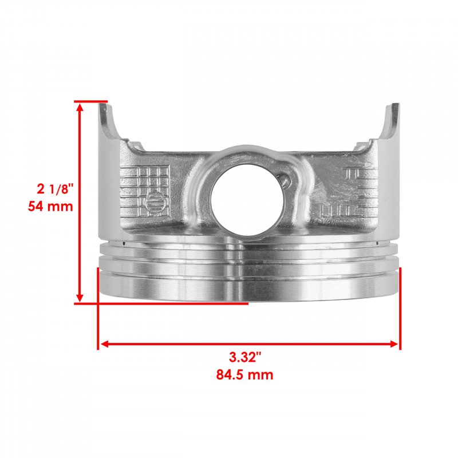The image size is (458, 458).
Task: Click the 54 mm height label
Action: (50, 207)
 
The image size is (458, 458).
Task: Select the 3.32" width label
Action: (245, 357)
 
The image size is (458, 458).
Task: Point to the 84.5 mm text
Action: (245, 374)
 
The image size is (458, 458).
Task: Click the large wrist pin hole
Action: (247, 200)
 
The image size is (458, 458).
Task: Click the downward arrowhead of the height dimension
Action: (80, 298)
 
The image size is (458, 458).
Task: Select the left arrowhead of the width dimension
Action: (105, 344)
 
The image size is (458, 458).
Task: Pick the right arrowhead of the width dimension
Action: (393, 344)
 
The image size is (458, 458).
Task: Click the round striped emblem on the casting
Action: (155, 201)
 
